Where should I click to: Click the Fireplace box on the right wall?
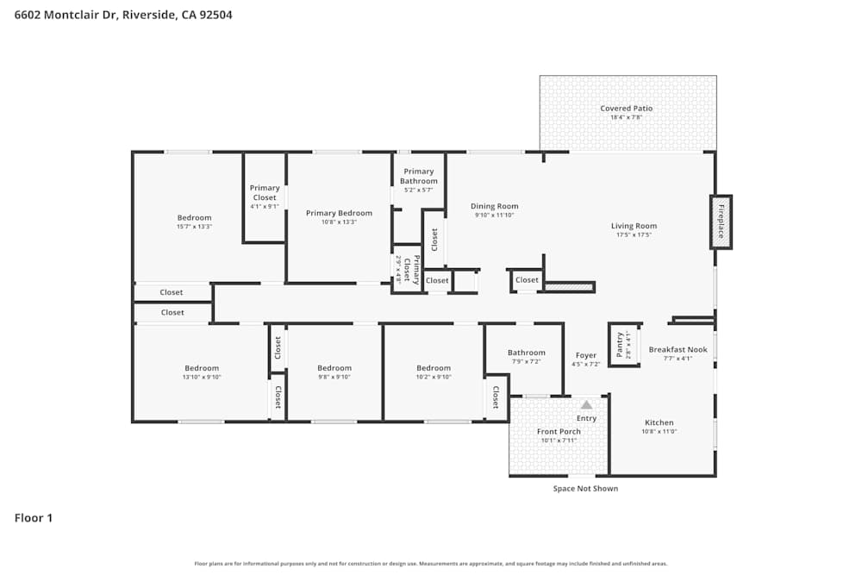721,222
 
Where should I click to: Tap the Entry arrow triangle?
586,404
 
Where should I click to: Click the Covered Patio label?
627,109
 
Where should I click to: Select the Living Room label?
634,226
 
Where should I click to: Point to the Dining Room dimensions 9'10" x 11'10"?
495,216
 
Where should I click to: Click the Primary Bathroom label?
419,176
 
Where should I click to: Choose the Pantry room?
623,345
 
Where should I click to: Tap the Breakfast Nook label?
678,349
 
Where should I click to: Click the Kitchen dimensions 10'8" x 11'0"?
659,431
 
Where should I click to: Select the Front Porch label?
559,432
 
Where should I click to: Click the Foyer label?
586,355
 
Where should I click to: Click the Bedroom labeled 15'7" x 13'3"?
194,218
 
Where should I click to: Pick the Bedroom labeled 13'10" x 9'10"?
202,368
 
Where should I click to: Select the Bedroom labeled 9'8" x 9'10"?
334,368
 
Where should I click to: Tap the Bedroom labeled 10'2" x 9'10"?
433,368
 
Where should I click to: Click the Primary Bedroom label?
340,213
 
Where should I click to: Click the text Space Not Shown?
585,489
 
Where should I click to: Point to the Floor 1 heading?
34,518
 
